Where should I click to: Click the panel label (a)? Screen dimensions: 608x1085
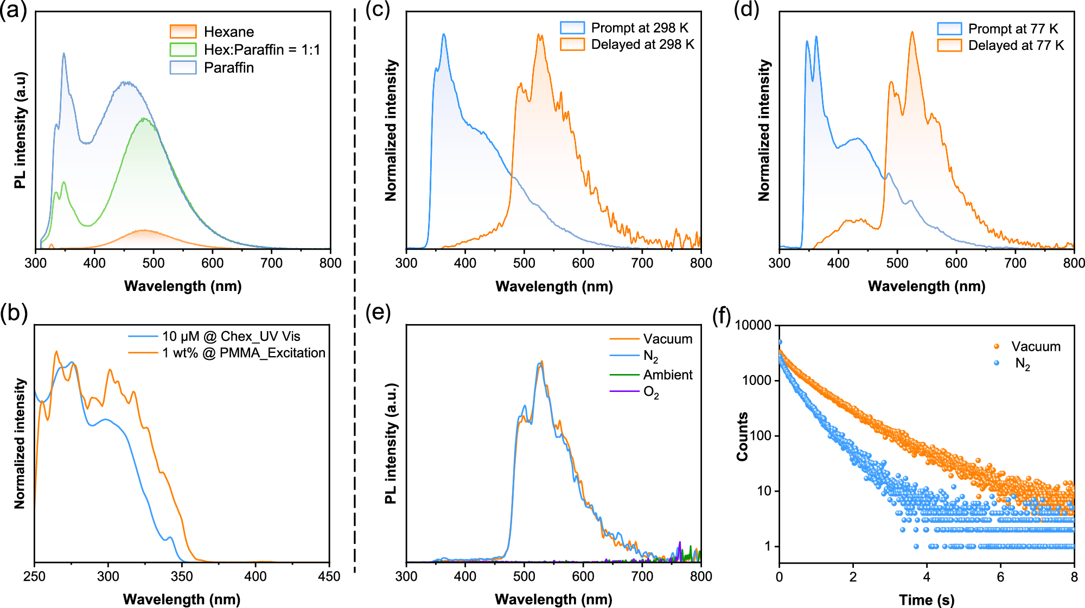coord(14,11)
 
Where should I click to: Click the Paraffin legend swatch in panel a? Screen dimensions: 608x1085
coord(183,67)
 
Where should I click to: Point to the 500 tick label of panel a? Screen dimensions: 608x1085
coord(154,263)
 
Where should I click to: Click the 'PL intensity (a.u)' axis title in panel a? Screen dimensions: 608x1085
coord(21,130)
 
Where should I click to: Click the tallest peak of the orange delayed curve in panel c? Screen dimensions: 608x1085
coord(540,35)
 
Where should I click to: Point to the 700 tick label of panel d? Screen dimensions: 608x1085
coord(1015,263)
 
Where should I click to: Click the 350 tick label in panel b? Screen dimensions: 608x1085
coord(182,577)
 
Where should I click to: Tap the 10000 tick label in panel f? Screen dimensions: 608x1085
coord(752,325)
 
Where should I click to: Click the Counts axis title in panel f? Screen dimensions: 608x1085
coord(743,437)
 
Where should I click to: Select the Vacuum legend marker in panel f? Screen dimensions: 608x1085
coord(997,346)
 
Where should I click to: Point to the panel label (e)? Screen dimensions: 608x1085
coord(378,313)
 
